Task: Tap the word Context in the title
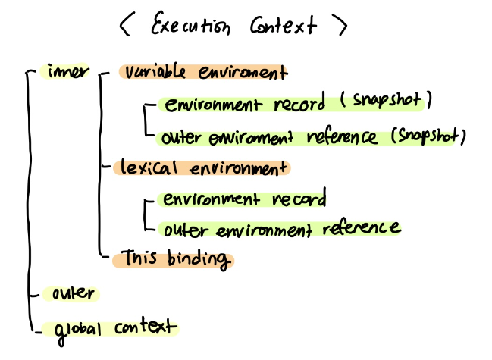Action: tap(282, 27)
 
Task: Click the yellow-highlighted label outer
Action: tap(71, 293)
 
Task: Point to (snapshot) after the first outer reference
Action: tap(427, 136)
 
